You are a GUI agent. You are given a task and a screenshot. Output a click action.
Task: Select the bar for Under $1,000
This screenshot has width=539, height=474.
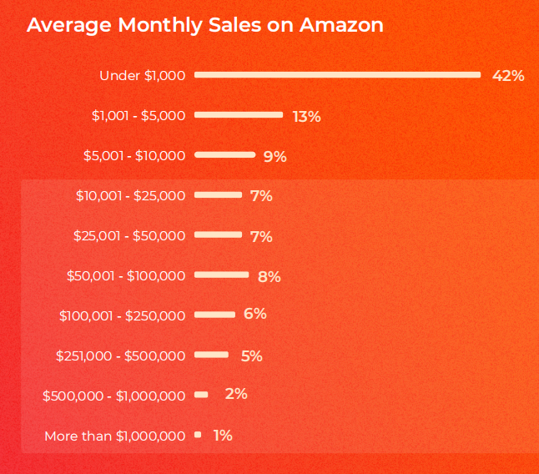337,75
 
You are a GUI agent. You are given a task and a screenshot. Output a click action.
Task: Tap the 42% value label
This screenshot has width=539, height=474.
508,76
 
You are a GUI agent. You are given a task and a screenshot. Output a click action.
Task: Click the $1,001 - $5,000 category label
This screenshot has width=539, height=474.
139,115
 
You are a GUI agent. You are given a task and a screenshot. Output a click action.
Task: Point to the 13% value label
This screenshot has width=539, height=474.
306,116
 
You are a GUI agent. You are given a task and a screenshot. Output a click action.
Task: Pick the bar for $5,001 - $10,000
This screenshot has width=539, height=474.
224,154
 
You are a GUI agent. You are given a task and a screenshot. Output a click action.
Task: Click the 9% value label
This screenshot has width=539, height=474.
275,156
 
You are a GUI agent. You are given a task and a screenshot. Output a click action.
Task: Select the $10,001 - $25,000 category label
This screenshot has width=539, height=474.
130,195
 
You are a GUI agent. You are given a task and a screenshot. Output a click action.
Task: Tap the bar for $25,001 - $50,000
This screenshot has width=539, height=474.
218,234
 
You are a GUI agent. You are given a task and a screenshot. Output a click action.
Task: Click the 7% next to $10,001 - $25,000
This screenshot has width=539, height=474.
261,196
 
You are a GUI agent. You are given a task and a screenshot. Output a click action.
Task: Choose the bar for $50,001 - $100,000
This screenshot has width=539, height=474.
221,275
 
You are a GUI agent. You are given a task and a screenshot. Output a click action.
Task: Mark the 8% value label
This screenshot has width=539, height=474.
269,276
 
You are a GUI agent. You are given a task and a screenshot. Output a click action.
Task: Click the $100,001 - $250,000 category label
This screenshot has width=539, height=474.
122,315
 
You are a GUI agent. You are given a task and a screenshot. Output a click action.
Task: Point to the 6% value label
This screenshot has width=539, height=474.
254,314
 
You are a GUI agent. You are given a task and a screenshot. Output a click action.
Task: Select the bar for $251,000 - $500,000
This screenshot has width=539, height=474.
211,355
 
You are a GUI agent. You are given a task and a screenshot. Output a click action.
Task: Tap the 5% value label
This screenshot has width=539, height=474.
251,355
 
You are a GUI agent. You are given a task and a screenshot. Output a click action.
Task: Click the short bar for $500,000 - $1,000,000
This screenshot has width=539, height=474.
201,395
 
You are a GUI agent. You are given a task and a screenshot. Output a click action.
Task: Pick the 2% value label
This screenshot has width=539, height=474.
236,393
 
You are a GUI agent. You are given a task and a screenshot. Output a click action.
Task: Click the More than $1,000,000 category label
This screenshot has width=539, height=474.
114,436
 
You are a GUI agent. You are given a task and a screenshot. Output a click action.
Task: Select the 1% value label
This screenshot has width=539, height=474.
222,435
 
